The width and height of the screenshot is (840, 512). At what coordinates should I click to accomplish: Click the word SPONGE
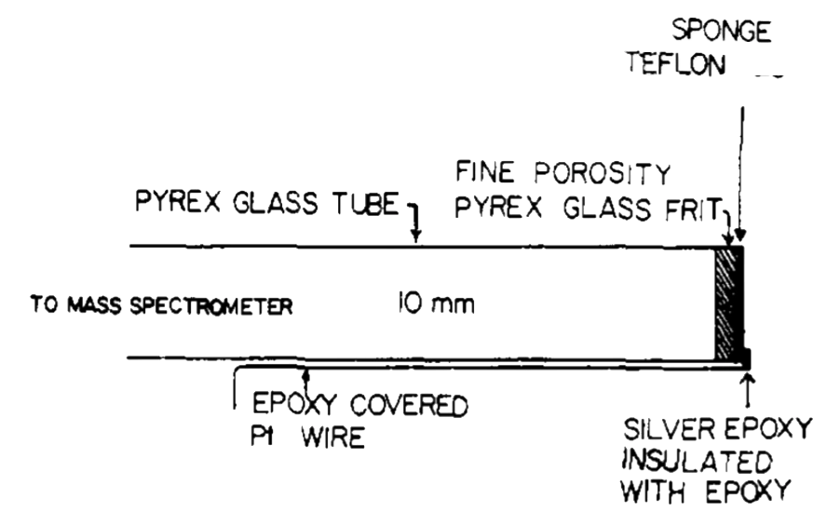pos(722,31)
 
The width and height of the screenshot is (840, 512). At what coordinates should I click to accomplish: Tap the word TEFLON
pos(677,63)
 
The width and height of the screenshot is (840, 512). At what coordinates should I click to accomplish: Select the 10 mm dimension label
pos(436,303)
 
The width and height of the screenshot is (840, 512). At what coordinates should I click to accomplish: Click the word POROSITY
pos(603,173)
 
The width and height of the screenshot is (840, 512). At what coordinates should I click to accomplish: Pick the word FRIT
pos(694,209)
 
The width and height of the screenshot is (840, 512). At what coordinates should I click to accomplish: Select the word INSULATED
pos(697,461)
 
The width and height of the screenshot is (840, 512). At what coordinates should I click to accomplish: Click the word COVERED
pos(409,405)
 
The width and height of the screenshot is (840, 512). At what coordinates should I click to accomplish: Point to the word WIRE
pos(333,437)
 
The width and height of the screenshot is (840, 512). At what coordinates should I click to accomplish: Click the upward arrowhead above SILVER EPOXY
pos(749,379)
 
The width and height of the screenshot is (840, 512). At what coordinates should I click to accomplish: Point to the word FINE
pos(485,172)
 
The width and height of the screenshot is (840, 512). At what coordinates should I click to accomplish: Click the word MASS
pos(94,306)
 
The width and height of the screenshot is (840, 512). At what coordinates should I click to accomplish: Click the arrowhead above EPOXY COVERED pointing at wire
pos(305,375)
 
